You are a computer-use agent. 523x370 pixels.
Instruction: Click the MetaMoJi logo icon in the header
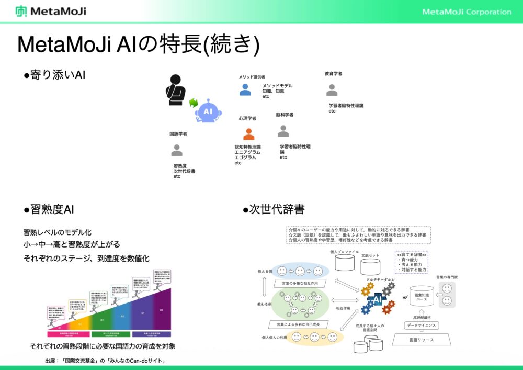pyautogui.click(x=21, y=11)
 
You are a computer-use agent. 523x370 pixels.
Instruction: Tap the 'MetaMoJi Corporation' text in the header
pyautogui.click(x=467, y=12)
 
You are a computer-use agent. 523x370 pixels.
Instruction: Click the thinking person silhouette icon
pyautogui.click(x=175, y=87)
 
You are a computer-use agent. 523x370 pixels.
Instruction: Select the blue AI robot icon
pyautogui.click(x=208, y=111)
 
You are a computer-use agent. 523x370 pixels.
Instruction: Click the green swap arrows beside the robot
pyautogui.click(x=194, y=103)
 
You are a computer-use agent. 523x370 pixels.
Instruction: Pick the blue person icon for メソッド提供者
pyautogui.click(x=245, y=90)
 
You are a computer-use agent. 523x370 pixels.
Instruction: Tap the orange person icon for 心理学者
pyautogui.click(x=249, y=134)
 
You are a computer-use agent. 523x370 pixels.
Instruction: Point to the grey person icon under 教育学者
pyautogui.click(x=332, y=91)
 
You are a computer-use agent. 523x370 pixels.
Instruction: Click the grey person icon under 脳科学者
pyautogui.click(x=283, y=130)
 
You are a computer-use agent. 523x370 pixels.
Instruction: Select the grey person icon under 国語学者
pyautogui.click(x=177, y=151)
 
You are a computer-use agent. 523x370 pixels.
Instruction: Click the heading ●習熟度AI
pyautogui.click(x=49, y=210)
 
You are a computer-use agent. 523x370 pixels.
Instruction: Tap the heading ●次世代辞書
pyautogui.click(x=274, y=210)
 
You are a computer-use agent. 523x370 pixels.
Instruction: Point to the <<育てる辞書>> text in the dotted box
pyautogui.click(x=412, y=254)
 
